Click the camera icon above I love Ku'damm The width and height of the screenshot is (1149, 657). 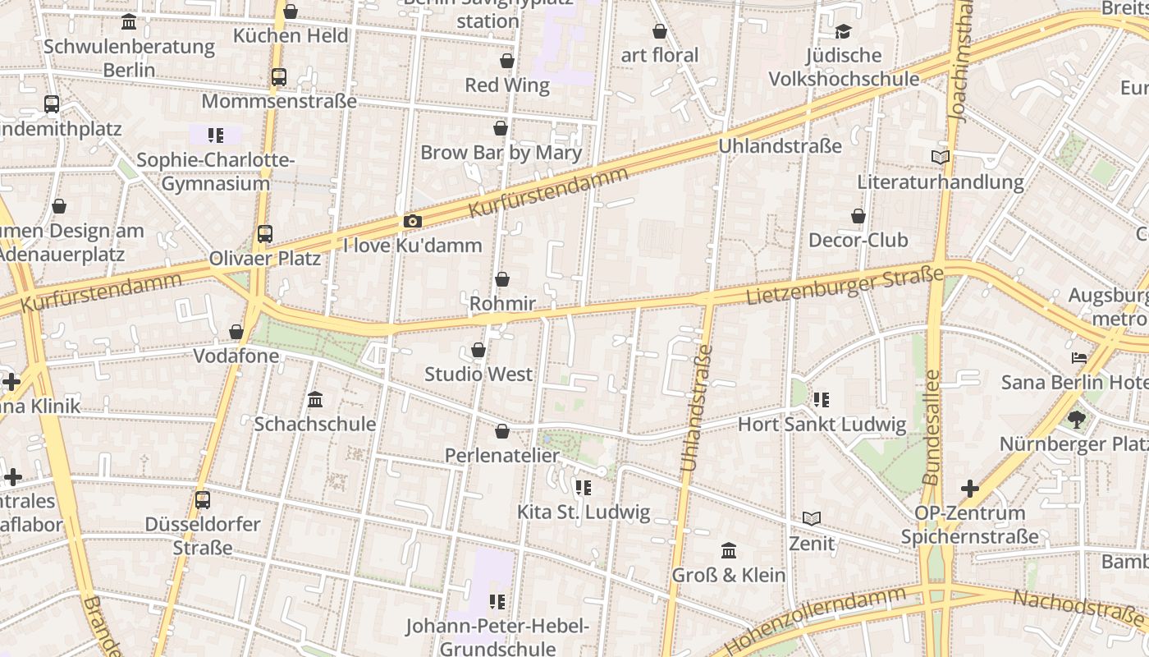pos(413,222)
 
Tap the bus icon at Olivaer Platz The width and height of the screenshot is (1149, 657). pos(264,234)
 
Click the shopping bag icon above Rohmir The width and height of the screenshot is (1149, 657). pos(502,280)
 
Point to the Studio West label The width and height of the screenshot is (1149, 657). pos(478,374)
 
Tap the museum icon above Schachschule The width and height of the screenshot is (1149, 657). pos(315,400)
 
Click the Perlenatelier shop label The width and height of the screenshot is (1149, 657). pos(502,455)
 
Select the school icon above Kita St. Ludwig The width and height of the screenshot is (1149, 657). pos(584,488)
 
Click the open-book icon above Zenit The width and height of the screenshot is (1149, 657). pos(812,519)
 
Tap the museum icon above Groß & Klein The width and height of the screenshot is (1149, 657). pos(728,550)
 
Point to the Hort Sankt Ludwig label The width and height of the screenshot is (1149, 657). pos(822,424)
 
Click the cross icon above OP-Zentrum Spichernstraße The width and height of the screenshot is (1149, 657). pos(970,489)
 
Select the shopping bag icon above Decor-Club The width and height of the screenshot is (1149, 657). pos(858,217)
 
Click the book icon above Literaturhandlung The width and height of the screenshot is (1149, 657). pos(941,157)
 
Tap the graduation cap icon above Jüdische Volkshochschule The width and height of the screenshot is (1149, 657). pos(843,32)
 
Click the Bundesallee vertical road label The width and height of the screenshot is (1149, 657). pos(932,427)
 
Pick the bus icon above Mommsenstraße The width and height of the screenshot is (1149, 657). pos(279,77)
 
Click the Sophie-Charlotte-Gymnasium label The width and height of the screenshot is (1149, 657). pos(215,171)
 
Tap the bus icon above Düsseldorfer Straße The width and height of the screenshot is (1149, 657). pos(203,499)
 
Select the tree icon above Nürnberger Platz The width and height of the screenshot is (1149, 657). pos(1077,420)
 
